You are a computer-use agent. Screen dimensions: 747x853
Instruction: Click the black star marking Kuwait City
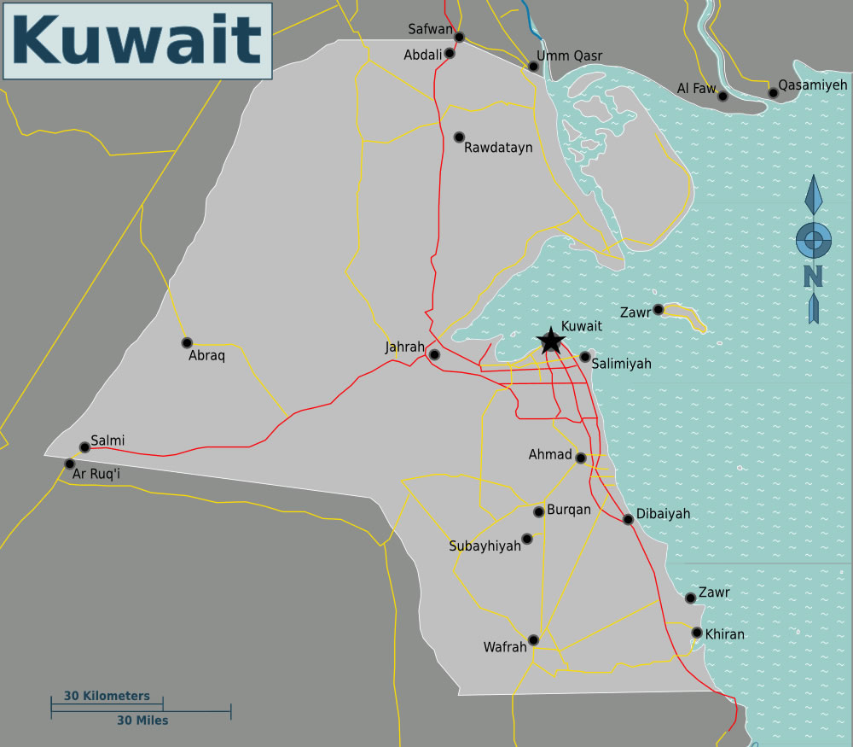click(x=550, y=341)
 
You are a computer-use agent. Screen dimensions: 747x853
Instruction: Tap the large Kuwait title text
click(x=137, y=40)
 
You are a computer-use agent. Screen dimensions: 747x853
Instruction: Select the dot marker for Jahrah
click(x=434, y=354)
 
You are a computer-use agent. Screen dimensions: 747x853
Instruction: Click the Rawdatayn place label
click(x=498, y=148)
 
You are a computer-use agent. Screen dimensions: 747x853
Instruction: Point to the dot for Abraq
click(x=187, y=342)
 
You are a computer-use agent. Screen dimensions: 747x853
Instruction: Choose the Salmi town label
click(x=107, y=441)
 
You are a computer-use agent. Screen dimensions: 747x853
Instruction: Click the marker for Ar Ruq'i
click(x=69, y=464)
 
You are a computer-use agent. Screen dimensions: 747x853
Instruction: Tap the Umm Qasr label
click(x=569, y=56)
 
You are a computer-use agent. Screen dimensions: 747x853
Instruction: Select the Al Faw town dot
click(x=722, y=96)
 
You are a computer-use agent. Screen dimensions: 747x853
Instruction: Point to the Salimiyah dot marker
click(x=585, y=357)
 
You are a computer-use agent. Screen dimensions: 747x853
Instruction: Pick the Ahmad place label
click(x=550, y=454)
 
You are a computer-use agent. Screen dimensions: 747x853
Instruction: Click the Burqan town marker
click(x=539, y=511)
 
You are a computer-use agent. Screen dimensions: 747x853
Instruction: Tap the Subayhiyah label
click(x=485, y=546)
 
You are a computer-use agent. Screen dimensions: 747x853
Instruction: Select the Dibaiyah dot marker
click(x=629, y=519)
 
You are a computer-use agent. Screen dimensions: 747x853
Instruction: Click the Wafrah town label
click(x=505, y=647)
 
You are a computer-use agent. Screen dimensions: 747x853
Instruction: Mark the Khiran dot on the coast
click(x=697, y=633)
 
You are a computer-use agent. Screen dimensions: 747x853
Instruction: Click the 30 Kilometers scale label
click(x=107, y=696)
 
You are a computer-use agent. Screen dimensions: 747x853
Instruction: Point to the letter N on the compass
click(x=813, y=276)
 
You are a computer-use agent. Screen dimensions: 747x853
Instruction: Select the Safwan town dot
click(x=459, y=37)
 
